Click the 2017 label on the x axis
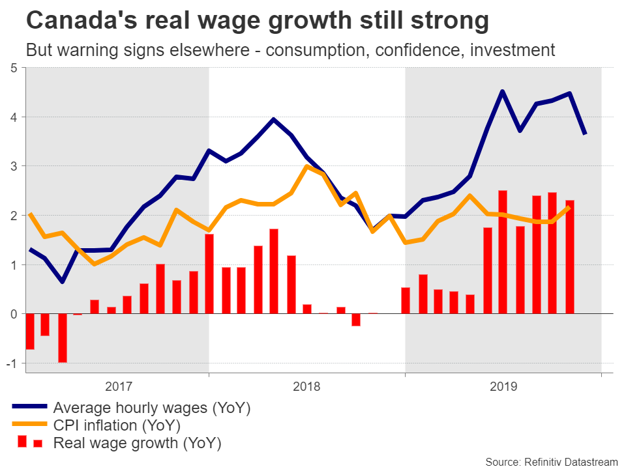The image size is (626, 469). (117, 387)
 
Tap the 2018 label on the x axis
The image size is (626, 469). (306, 387)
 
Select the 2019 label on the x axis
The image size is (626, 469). (503, 387)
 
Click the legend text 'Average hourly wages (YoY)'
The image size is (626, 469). (151, 408)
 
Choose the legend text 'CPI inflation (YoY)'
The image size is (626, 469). (117, 426)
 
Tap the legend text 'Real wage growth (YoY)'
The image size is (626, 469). (137, 444)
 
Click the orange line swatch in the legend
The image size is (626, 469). (29, 426)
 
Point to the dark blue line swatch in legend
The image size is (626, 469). (29, 408)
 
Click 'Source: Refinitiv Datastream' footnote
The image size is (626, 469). (551, 462)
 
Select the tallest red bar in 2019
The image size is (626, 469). (503, 252)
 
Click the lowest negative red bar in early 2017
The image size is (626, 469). (63, 338)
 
